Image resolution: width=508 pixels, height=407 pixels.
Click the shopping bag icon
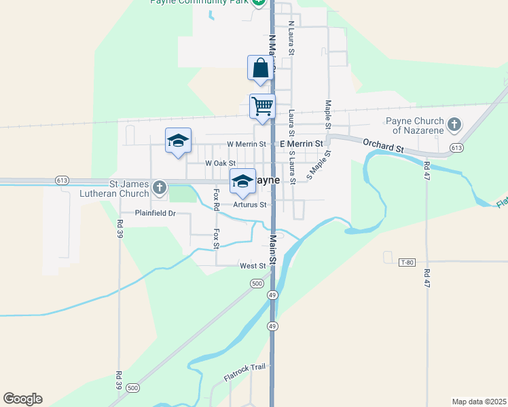coord(261,68)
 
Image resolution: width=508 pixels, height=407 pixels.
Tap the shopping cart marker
coord(262,106)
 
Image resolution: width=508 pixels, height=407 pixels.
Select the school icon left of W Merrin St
coord(178,140)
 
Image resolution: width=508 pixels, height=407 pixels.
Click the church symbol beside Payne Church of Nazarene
coord(454,125)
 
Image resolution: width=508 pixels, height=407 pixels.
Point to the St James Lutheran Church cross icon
coord(160,187)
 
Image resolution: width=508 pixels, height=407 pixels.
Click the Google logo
coord(22,399)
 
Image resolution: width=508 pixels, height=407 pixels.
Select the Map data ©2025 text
coord(478,401)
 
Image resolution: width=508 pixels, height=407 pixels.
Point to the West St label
coord(251,266)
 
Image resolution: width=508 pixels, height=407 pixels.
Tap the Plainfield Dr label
coord(155,213)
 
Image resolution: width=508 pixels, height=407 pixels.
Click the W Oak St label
coord(220,163)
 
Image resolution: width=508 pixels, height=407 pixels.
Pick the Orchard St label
coord(383,144)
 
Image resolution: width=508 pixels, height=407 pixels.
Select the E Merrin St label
coord(301,144)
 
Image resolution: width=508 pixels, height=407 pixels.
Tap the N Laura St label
coord(291,38)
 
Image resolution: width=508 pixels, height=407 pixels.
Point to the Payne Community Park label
coord(199,2)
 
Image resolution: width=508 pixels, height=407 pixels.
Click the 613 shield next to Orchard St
coord(456,148)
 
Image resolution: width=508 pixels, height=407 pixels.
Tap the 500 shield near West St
coord(256,284)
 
